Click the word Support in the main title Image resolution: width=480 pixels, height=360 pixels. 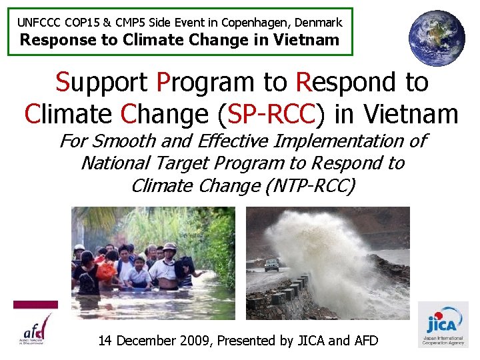[102, 83]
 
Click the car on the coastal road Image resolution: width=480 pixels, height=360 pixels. [272, 265]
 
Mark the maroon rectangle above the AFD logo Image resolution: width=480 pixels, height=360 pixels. [35, 305]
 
